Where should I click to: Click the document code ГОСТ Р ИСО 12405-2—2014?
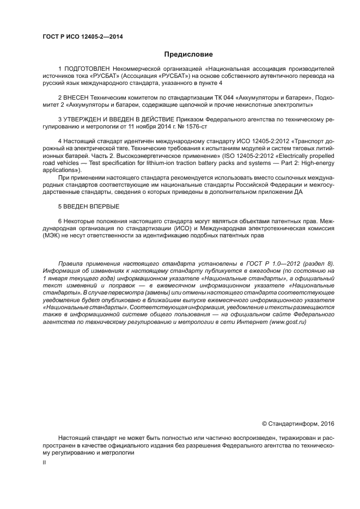pos(82,37)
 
